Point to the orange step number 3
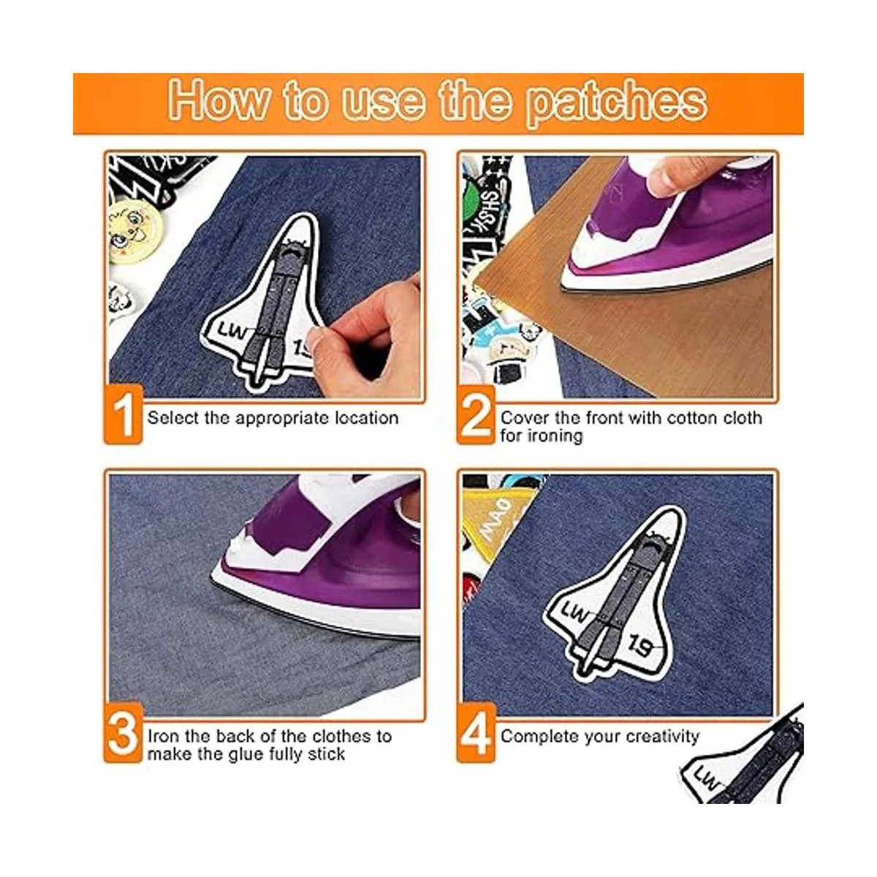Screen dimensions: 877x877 coord(123,734)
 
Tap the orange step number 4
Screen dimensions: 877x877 coord(476,734)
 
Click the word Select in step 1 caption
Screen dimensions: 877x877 coord(173,418)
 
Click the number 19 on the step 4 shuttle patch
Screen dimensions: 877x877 coord(642,646)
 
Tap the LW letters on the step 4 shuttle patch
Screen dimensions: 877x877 coord(574,612)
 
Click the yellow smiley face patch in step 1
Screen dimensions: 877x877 coord(134,227)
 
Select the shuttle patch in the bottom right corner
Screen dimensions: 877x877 coord(745,764)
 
